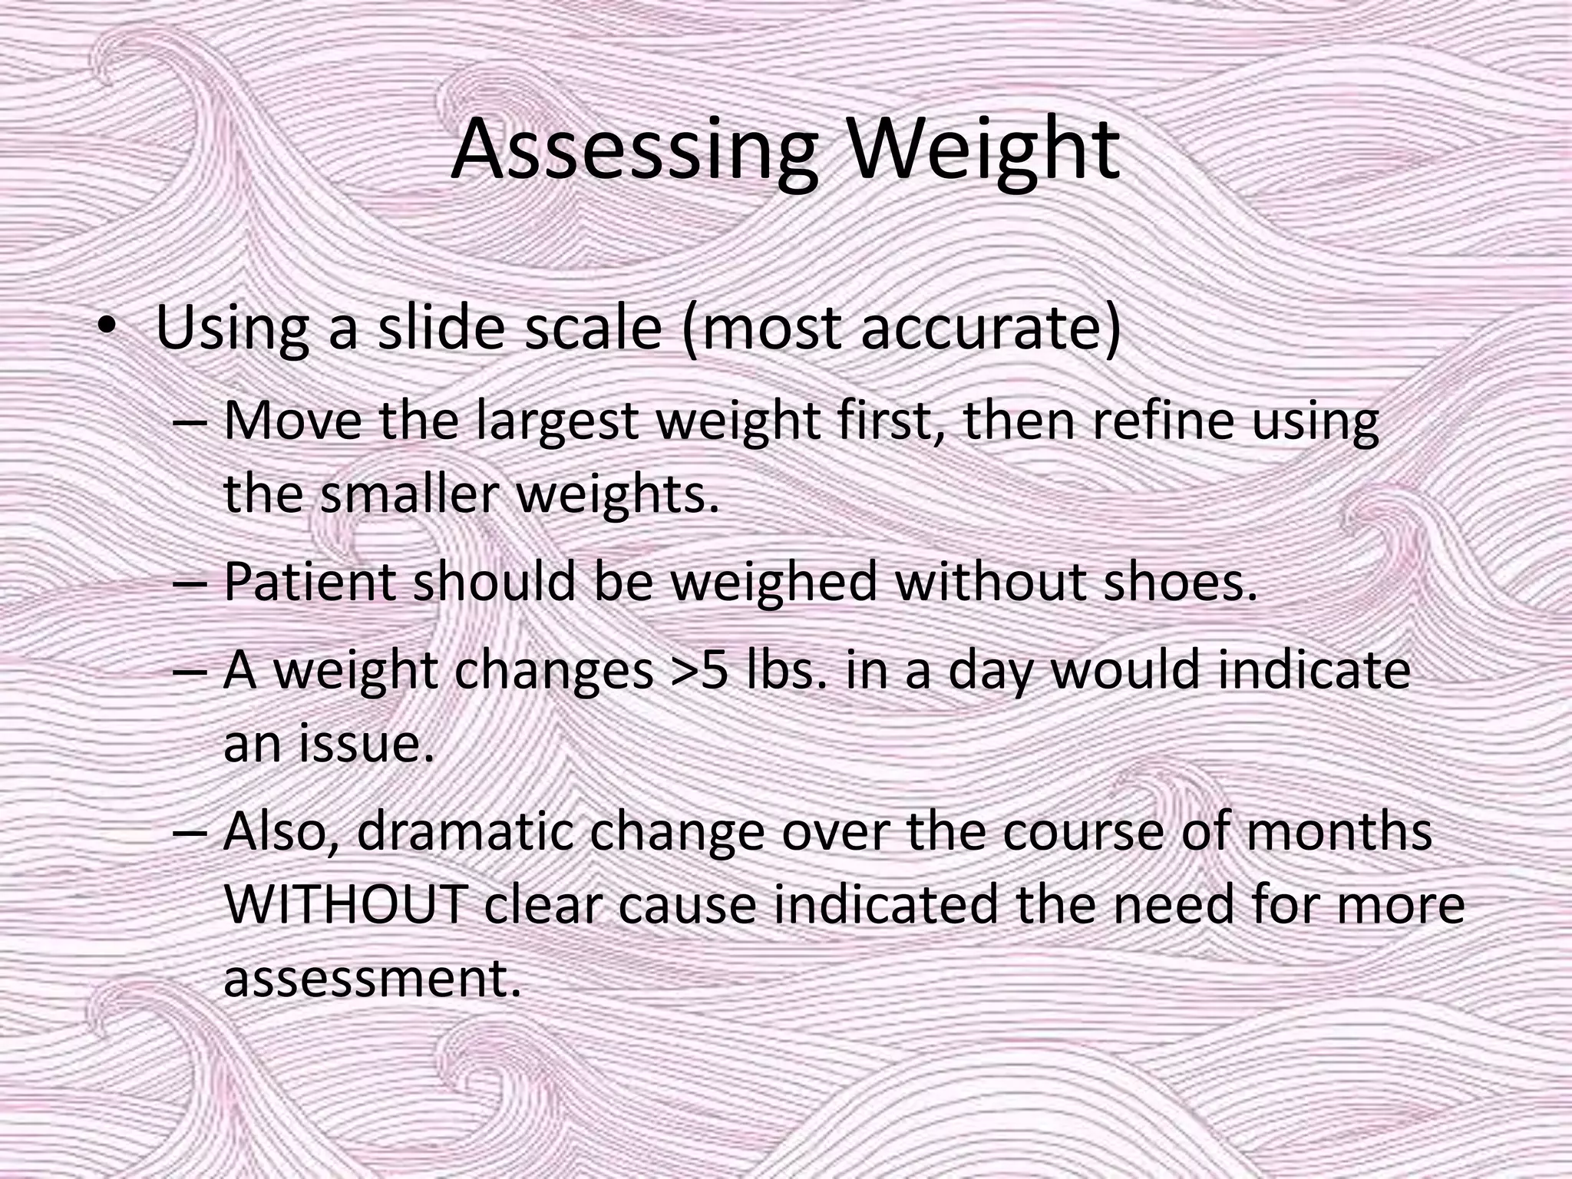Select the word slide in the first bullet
tap(441, 328)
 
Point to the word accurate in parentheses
tap(982, 328)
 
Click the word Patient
tap(309, 581)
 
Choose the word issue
tap(366, 743)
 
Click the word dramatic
tap(465, 831)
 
